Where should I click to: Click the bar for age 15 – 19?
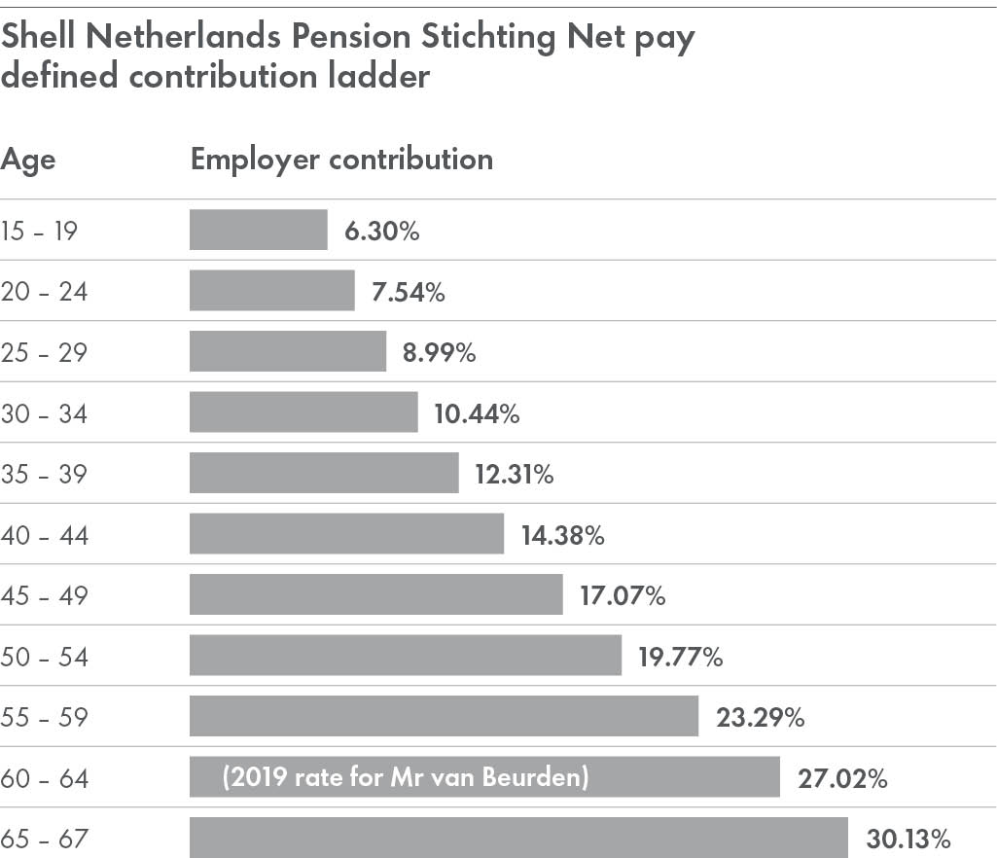click(x=258, y=230)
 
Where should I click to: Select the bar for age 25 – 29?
click(x=287, y=351)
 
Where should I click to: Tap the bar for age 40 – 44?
click(x=346, y=534)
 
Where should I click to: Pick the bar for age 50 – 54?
click(x=405, y=656)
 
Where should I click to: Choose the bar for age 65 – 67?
click(x=518, y=837)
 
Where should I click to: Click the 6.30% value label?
click(x=381, y=231)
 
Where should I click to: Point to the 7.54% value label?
click(x=408, y=291)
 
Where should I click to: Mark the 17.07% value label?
click(x=623, y=595)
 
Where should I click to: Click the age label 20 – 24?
click(x=44, y=291)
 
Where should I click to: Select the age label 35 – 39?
click(x=44, y=475)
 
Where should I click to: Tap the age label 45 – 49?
click(x=44, y=595)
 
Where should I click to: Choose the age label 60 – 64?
click(x=44, y=778)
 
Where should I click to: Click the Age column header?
click(x=28, y=160)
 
